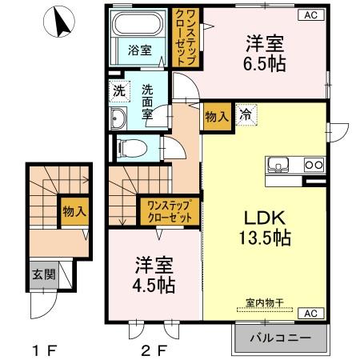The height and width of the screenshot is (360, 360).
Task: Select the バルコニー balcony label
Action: tap(279, 339)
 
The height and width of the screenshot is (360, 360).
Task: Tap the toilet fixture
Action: tap(130, 148)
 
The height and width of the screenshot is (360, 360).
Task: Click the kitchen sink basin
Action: tap(279, 167)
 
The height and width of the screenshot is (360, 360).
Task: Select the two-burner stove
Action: tap(312, 166)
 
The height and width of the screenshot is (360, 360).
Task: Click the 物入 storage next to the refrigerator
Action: tap(217, 114)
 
